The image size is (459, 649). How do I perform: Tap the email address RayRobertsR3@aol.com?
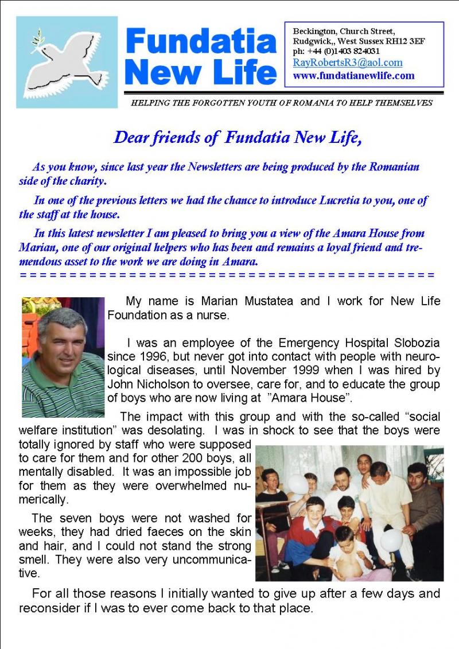348,63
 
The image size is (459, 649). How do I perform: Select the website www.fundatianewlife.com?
353,75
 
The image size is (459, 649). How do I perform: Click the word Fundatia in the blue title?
200,42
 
